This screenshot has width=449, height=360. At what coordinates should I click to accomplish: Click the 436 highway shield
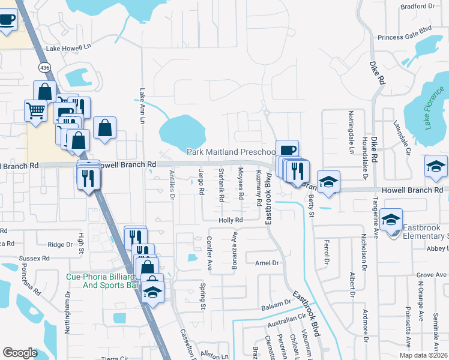pos(44,68)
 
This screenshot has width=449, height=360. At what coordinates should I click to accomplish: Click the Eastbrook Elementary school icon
pos(391,221)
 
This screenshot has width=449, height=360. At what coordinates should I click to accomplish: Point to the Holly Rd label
pos(231,220)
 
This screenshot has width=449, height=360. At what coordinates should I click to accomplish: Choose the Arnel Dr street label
pos(267,263)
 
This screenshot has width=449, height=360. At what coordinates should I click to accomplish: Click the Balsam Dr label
pos(276,307)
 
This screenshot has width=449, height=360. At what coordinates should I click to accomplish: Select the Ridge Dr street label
pos(59,244)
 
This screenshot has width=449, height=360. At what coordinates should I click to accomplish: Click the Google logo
pos(20,352)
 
